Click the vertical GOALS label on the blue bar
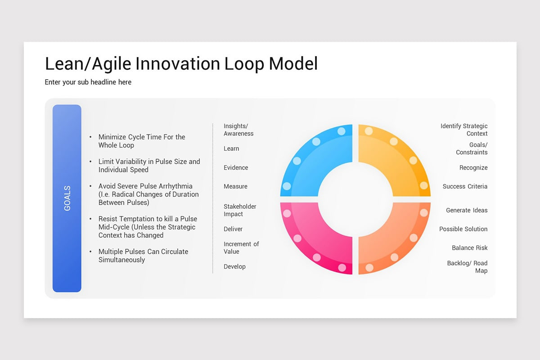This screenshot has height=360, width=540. point(67,198)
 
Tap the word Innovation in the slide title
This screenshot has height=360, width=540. point(178,63)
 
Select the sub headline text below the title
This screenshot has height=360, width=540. point(88,82)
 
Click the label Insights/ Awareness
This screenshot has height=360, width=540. point(238,130)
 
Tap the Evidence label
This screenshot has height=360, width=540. point(236,167)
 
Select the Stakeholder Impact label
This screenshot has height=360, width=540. point(240,210)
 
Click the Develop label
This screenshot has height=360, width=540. point(234,267)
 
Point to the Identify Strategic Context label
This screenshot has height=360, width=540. point(464,130)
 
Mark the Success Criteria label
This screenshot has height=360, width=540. point(465,186)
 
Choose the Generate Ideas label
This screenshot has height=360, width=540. point(467,210)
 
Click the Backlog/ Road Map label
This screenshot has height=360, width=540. point(467,267)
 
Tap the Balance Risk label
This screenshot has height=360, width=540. point(470,248)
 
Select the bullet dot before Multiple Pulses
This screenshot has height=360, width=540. point(90,252)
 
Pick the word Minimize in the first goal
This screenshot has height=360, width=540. point(112,137)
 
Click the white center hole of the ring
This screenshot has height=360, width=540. point(355,199)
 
